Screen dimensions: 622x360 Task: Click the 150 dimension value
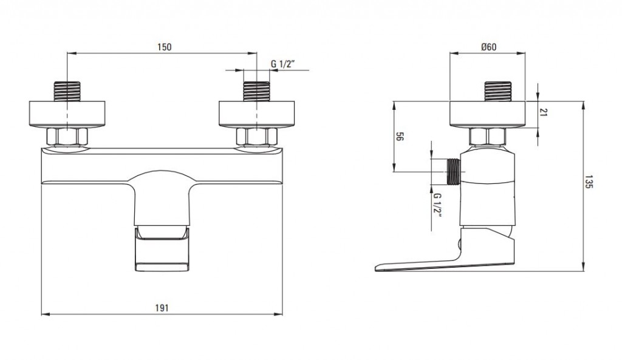tap(164, 47)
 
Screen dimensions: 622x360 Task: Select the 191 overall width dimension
tap(162, 308)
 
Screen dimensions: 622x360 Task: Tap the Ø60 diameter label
tap(489, 47)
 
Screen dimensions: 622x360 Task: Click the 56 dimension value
tap(400, 137)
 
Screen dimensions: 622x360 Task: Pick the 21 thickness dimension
tap(544, 112)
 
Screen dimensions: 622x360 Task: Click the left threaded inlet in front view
tap(67, 92)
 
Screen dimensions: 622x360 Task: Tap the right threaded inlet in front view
tap(257, 92)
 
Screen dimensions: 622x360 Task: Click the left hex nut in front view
tap(67, 137)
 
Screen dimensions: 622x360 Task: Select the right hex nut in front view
tap(257, 137)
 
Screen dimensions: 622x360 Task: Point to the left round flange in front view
tap(67, 115)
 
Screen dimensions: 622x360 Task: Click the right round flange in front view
tap(257, 115)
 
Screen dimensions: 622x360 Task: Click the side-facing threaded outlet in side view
tap(453, 172)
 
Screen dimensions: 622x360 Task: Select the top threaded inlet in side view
tap(498, 92)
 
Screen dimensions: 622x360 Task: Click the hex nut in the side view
tap(488, 137)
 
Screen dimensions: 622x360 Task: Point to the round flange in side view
tap(488, 115)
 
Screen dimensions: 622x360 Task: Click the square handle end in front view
tap(162, 250)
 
